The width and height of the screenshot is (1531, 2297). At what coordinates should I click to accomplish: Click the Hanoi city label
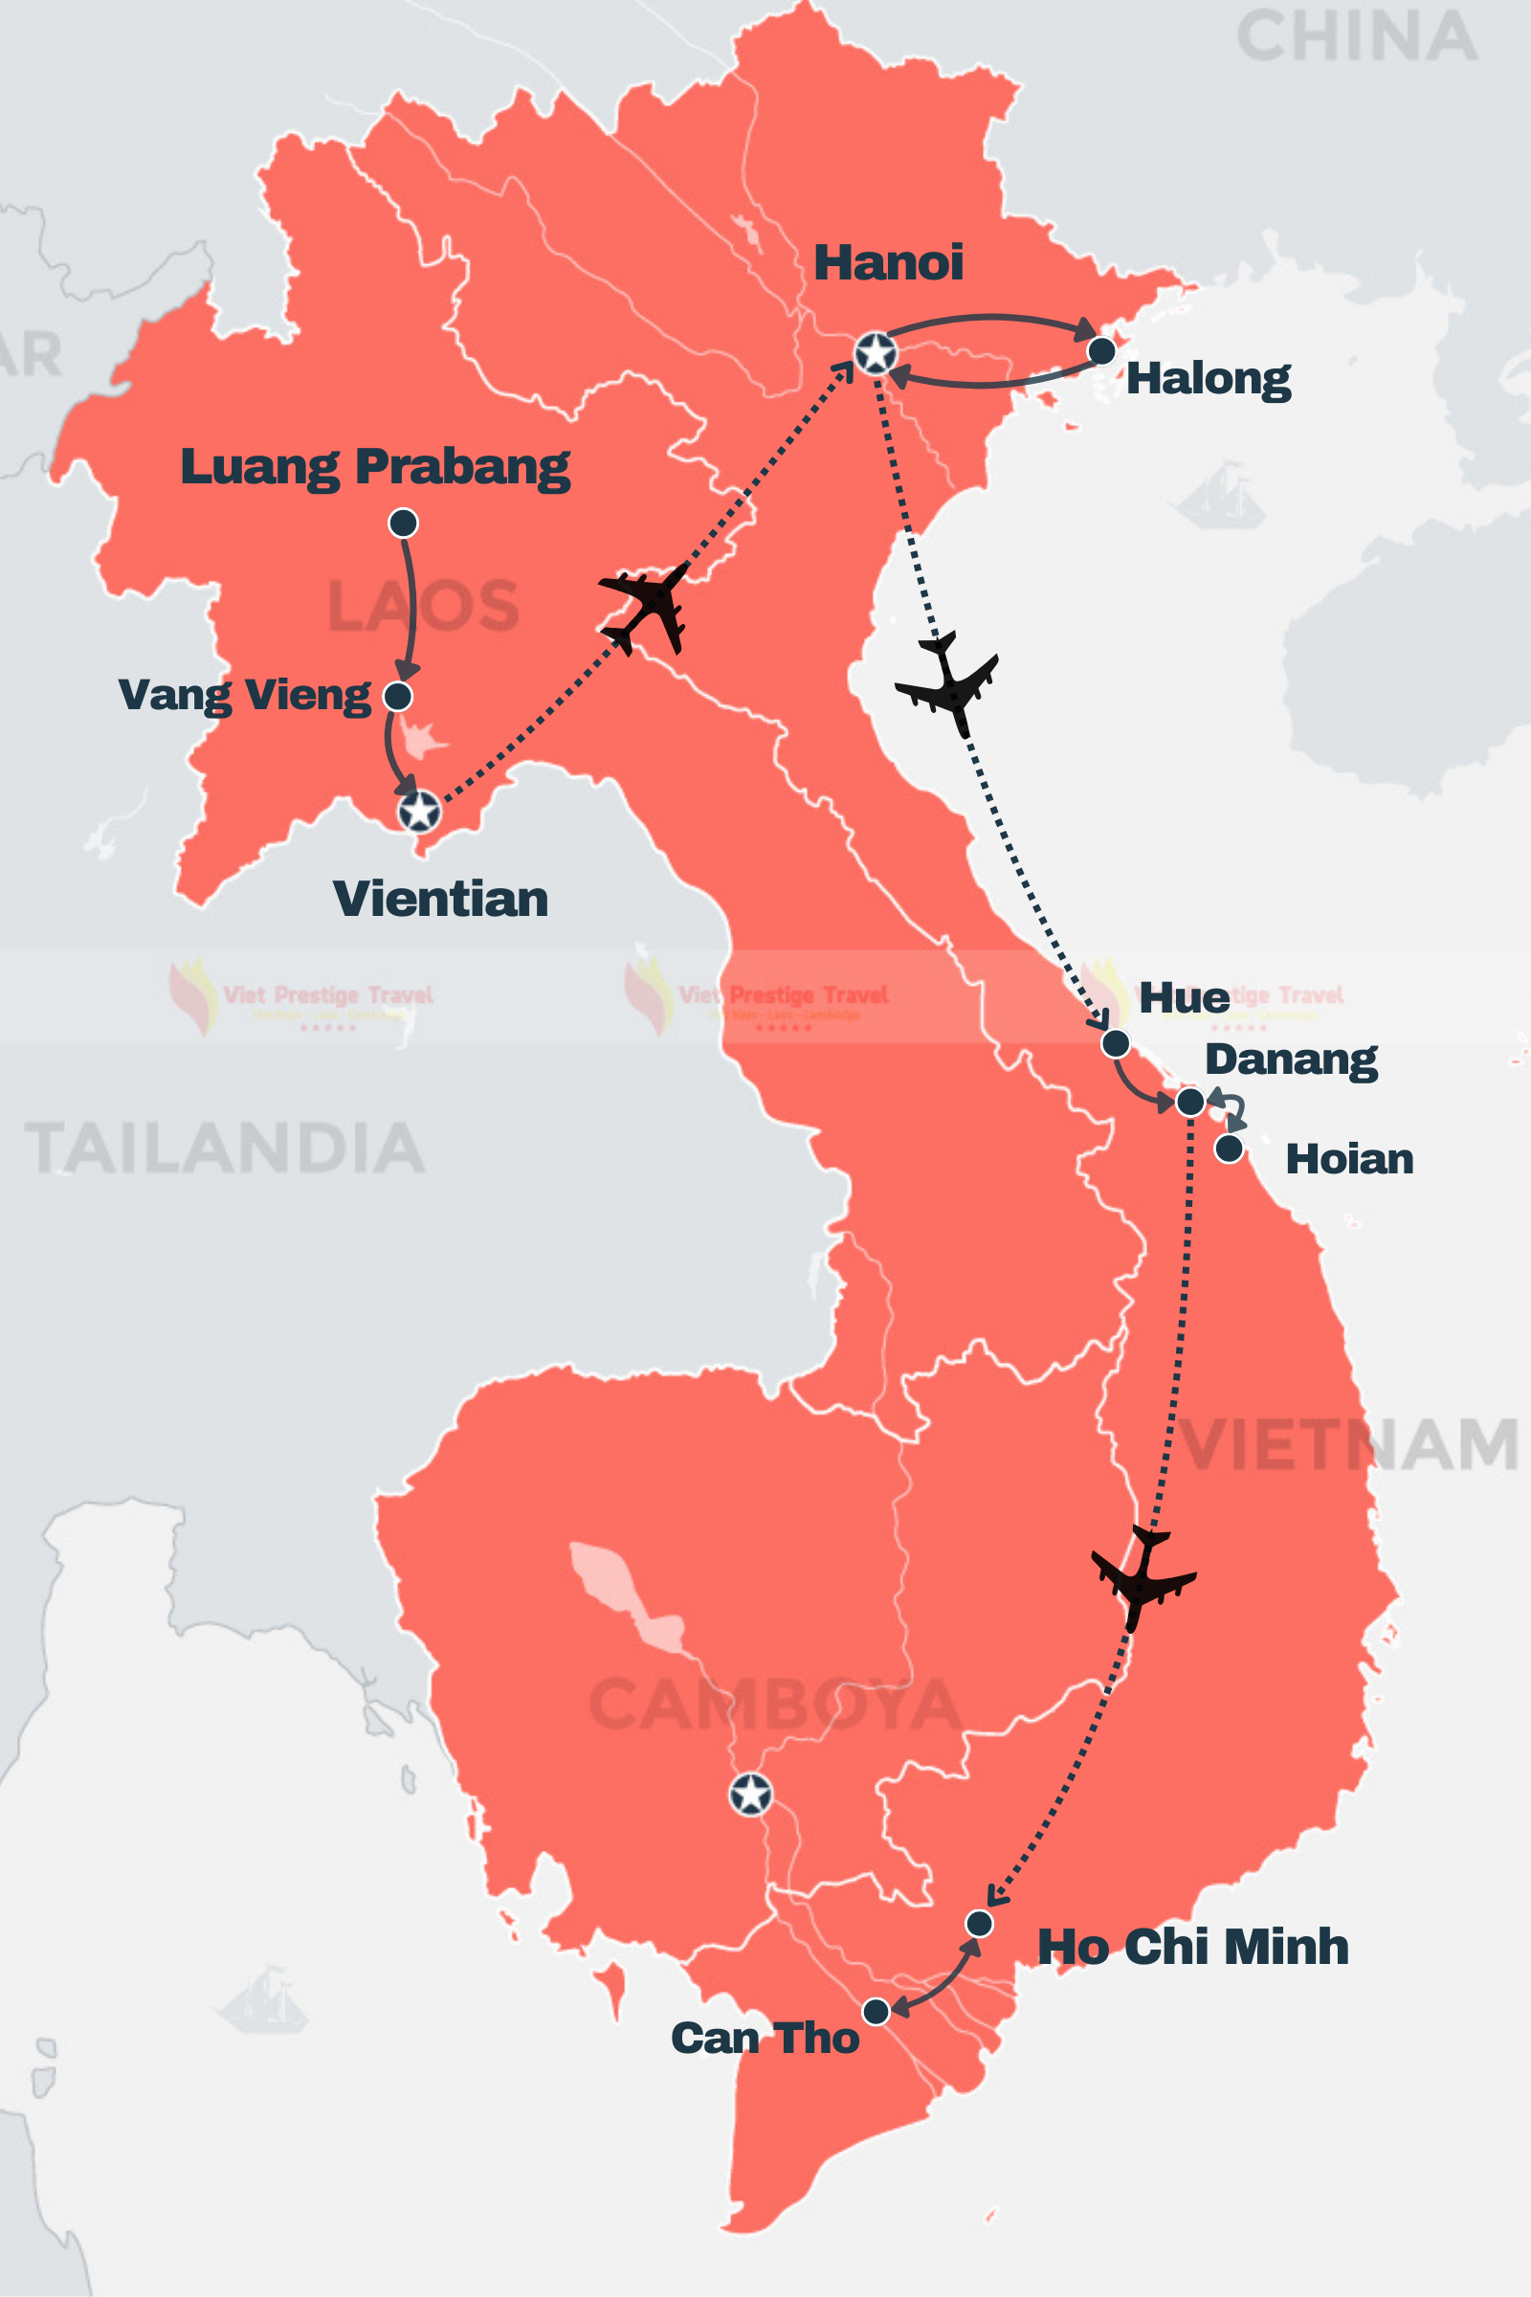tap(888, 261)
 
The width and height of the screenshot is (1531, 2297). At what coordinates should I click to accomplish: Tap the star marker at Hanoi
tap(875, 352)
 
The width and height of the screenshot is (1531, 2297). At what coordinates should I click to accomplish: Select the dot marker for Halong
tap(1101, 350)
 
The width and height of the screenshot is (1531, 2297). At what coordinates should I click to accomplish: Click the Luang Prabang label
tap(375, 467)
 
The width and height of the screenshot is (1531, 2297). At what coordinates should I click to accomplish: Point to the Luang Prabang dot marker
tap(403, 523)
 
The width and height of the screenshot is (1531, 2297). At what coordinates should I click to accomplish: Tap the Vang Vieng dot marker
tap(397, 697)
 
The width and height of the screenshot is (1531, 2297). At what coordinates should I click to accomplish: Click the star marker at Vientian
tap(419, 811)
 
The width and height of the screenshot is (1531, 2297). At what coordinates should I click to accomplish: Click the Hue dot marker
tap(1115, 1043)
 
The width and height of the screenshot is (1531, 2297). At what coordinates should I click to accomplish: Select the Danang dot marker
tap(1190, 1103)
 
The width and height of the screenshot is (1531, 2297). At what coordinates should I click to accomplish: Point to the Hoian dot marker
tap(1230, 1148)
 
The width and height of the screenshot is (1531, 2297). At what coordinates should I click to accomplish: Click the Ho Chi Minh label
tap(1192, 1947)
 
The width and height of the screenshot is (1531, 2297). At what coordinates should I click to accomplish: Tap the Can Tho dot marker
tap(876, 2012)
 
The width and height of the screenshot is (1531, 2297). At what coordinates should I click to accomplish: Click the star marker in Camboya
tap(751, 1794)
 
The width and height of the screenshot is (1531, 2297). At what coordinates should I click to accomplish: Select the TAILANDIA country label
tap(225, 1148)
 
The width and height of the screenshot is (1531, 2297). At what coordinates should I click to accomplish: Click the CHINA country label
tap(1356, 37)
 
